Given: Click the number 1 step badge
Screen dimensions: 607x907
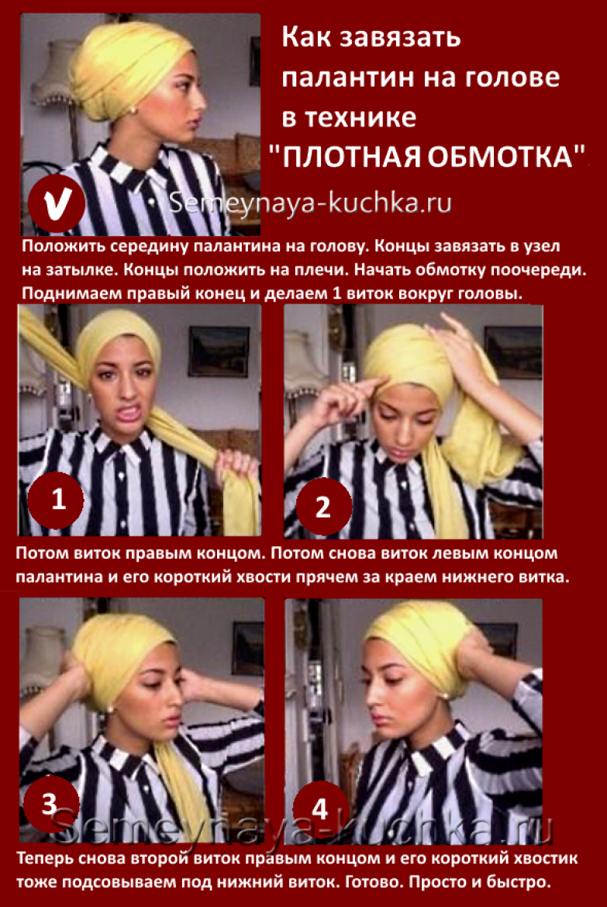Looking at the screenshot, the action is click(x=56, y=499).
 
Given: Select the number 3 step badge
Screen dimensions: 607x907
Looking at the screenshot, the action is click(x=50, y=804).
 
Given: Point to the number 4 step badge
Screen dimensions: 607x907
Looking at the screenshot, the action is click(x=320, y=808).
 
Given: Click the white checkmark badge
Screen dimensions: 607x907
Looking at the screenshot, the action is click(x=57, y=203).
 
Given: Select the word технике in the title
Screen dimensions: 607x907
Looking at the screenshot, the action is click(x=360, y=117).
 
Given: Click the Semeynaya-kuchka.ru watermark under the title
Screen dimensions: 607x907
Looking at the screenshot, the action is click(x=310, y=203).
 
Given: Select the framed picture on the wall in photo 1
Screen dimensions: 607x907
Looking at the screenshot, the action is click(x=219, y=350).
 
